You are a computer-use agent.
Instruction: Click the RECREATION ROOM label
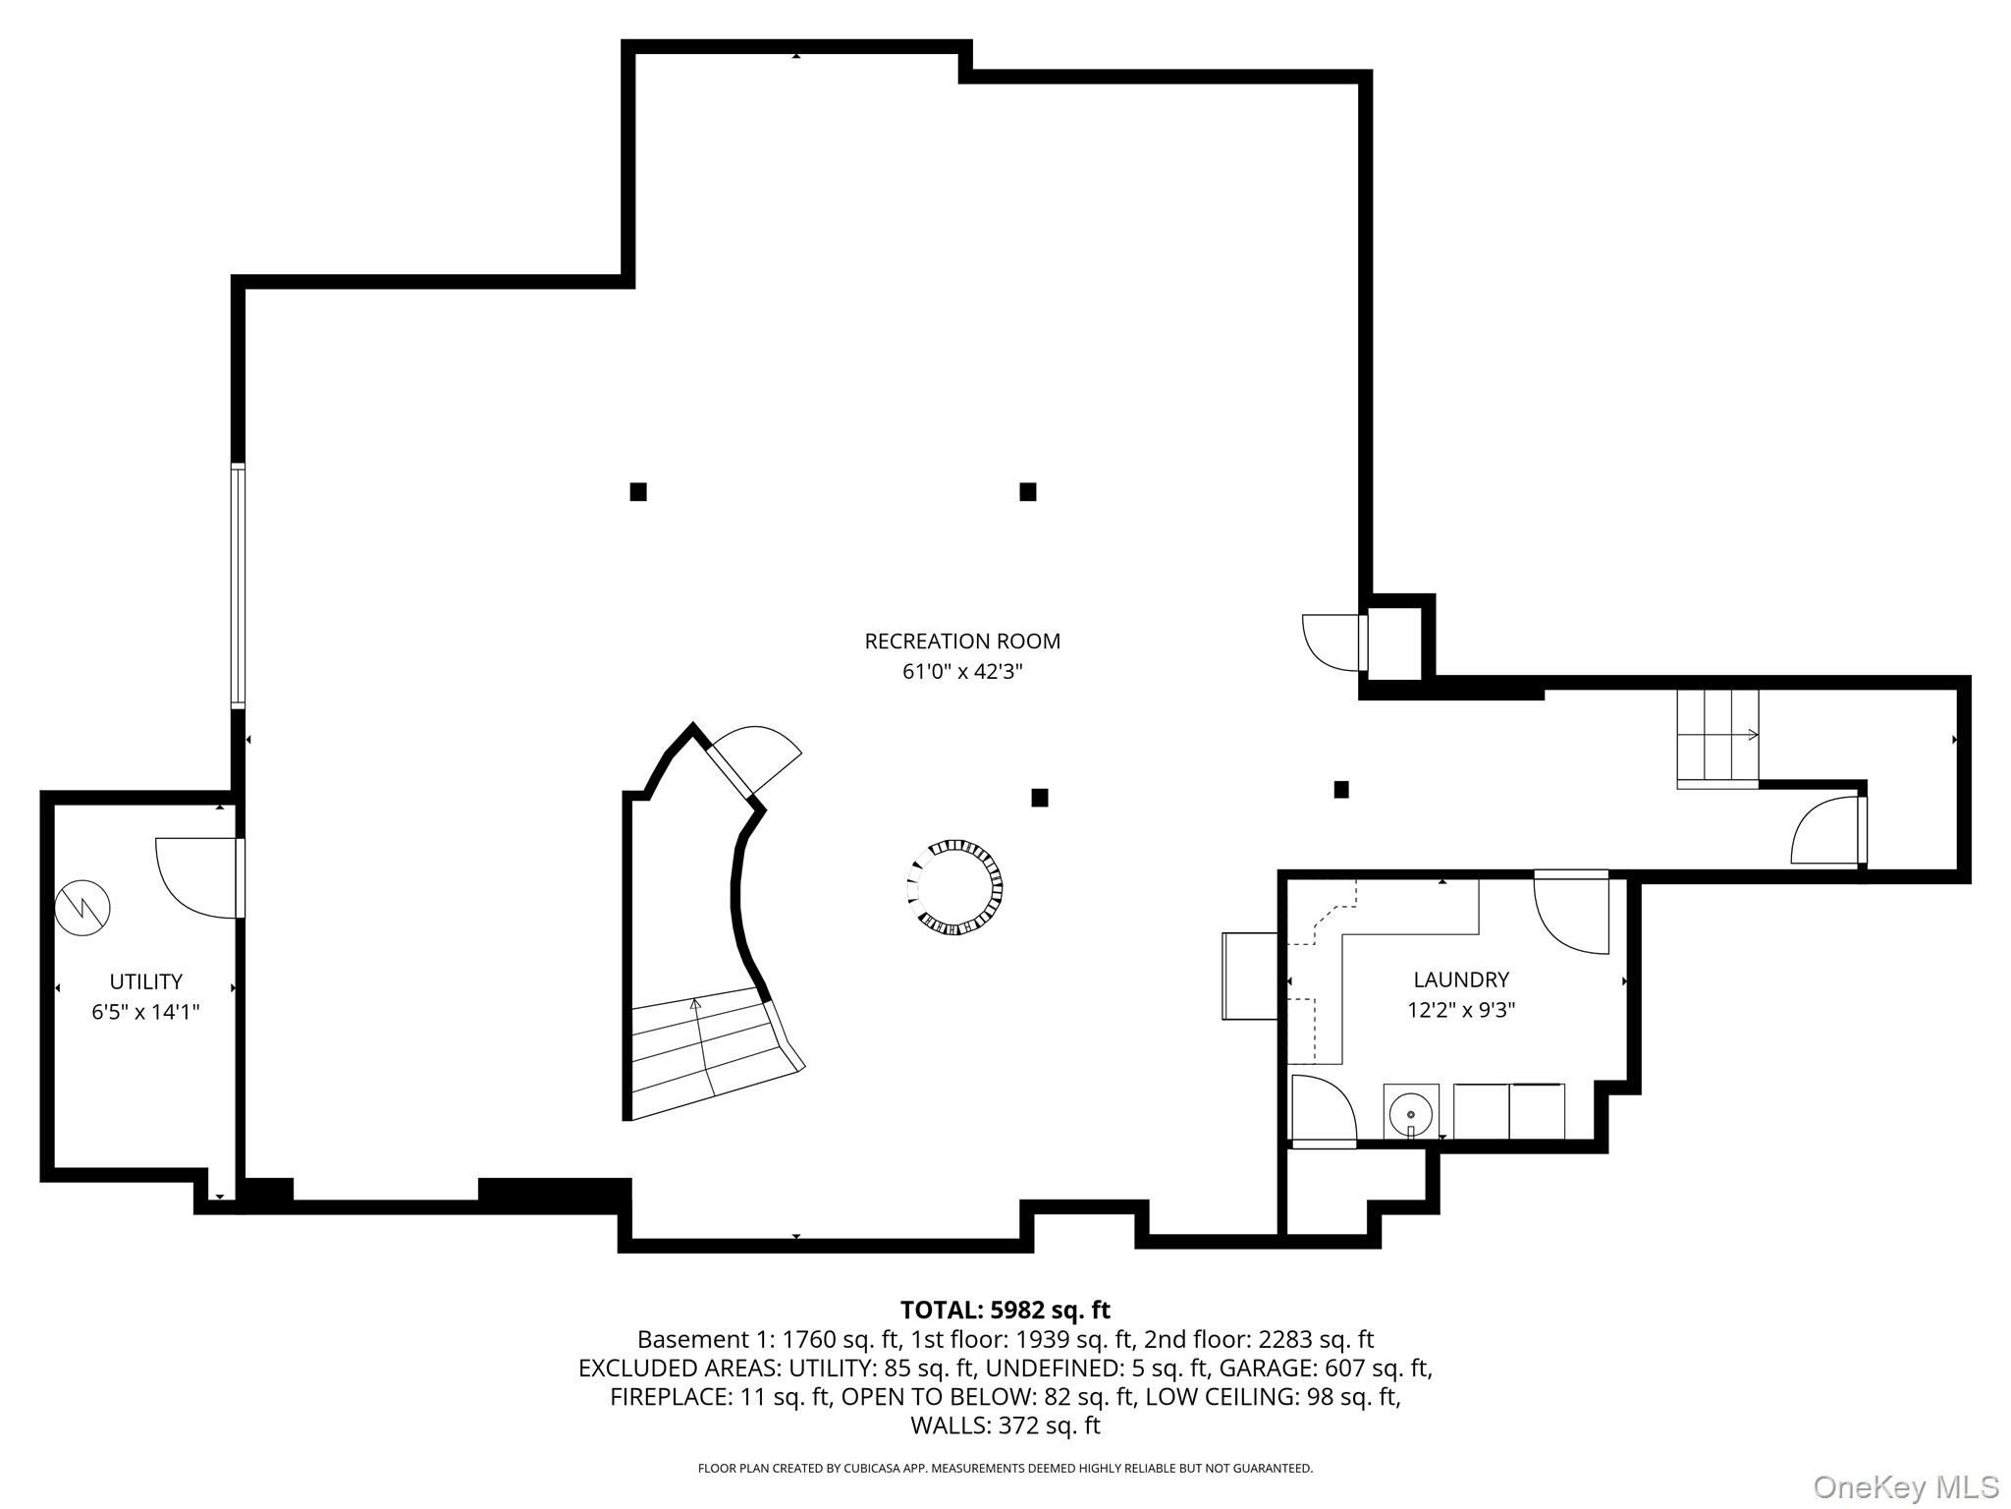(x=961, y=642)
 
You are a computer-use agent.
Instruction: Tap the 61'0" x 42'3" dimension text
(x=961, y=672)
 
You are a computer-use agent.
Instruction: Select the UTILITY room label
(x=145, y=981)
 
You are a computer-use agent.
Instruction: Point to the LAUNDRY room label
(x=1460, y=979)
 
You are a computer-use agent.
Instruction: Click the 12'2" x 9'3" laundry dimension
(x=1460, y=1010)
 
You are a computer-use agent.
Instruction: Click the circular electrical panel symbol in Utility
(x=82, y=907)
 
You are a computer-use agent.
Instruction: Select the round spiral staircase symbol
(x=954, y=887)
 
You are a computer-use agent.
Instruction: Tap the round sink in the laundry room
(x=1410, y=1115)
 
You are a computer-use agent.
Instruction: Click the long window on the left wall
(x=238, y=586)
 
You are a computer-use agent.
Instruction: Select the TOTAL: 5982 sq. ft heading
(x=1005, y=1310)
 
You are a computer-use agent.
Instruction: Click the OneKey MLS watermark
(x=1905, y=1486)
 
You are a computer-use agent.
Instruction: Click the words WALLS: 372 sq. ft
(x=1005, y=1425)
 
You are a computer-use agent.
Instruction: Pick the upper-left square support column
(x=638, y=491)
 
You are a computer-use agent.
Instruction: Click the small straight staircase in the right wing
(x=1716, y=738)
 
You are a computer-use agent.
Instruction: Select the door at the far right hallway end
(x=1829, y=831)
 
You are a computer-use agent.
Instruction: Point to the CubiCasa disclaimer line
(x=1005, y=1469)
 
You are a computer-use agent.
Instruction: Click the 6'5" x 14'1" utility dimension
(x=145, y=1012)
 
